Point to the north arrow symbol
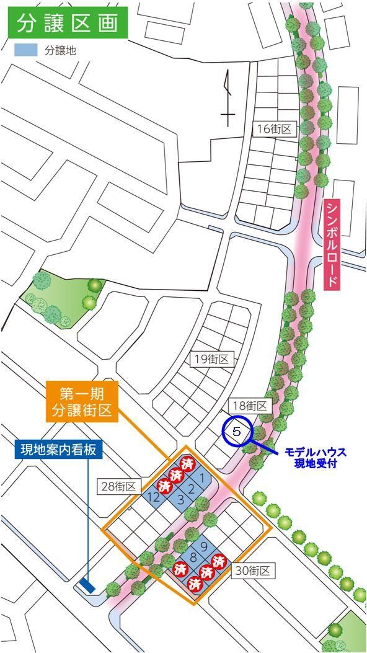point(228,99)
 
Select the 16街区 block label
point(276,128)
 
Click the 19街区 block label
point(211,358)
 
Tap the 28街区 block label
point(118,487)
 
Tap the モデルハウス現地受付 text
point(315,458)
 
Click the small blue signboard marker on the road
point(87,585)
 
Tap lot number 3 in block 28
point(180,500)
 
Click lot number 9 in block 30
point(203,546)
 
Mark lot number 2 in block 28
point(192,489)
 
